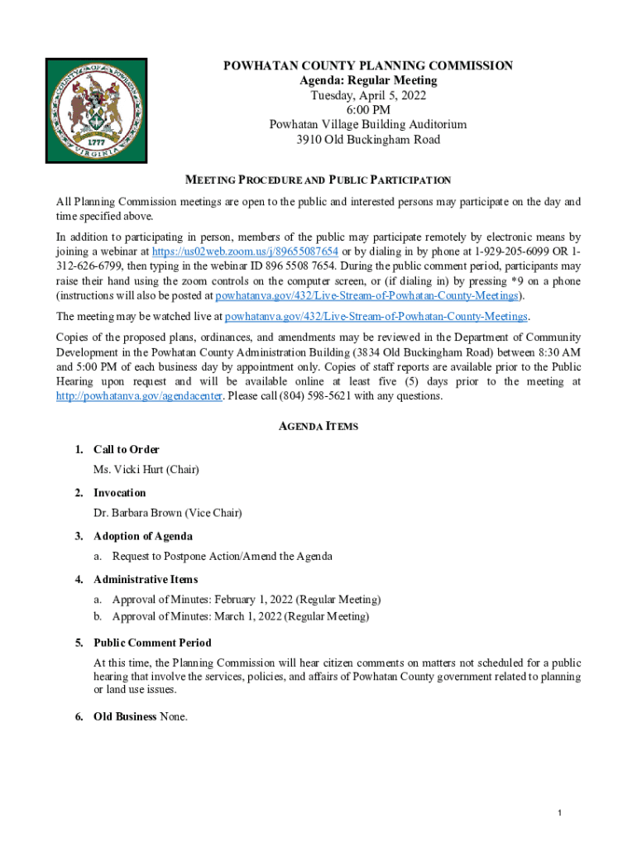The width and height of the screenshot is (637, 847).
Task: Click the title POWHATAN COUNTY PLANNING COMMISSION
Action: pos(368,65)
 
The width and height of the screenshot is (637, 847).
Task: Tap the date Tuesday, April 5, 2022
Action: pos(368,95)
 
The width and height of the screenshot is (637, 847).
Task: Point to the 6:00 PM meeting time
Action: pos(368,110)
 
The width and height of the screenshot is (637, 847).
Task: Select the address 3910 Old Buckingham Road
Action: pos(368,139)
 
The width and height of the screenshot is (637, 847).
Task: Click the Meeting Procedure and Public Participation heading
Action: pos(318,179)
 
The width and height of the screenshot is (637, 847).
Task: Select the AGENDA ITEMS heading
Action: pos(318,426)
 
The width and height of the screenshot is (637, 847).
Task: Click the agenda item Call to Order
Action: pos(126,449)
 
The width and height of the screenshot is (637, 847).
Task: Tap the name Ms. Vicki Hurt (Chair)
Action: pos(146,469)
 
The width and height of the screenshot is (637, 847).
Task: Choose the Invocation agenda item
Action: pos(121,493)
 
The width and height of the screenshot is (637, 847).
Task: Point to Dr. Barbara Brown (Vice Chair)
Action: pos(168,513)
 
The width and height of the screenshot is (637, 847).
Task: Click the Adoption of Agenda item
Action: pos(143,536)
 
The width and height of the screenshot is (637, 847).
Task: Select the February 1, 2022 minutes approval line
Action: pos(247,600)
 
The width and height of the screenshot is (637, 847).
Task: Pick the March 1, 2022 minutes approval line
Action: pos(241,616)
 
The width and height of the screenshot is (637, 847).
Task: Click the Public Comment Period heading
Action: pos(152,643)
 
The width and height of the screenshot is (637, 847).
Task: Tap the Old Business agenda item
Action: pos(125,716)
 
